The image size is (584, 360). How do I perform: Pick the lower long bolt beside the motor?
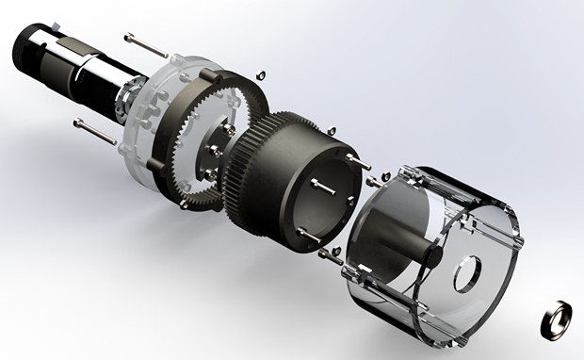pos(94,131)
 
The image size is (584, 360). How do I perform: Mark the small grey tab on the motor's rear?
pos(42,22)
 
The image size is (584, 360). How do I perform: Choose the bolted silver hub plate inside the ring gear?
pos(215,151)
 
